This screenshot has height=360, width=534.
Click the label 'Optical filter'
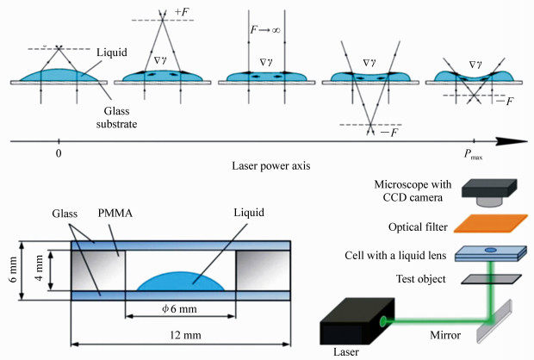tap(412, 226)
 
